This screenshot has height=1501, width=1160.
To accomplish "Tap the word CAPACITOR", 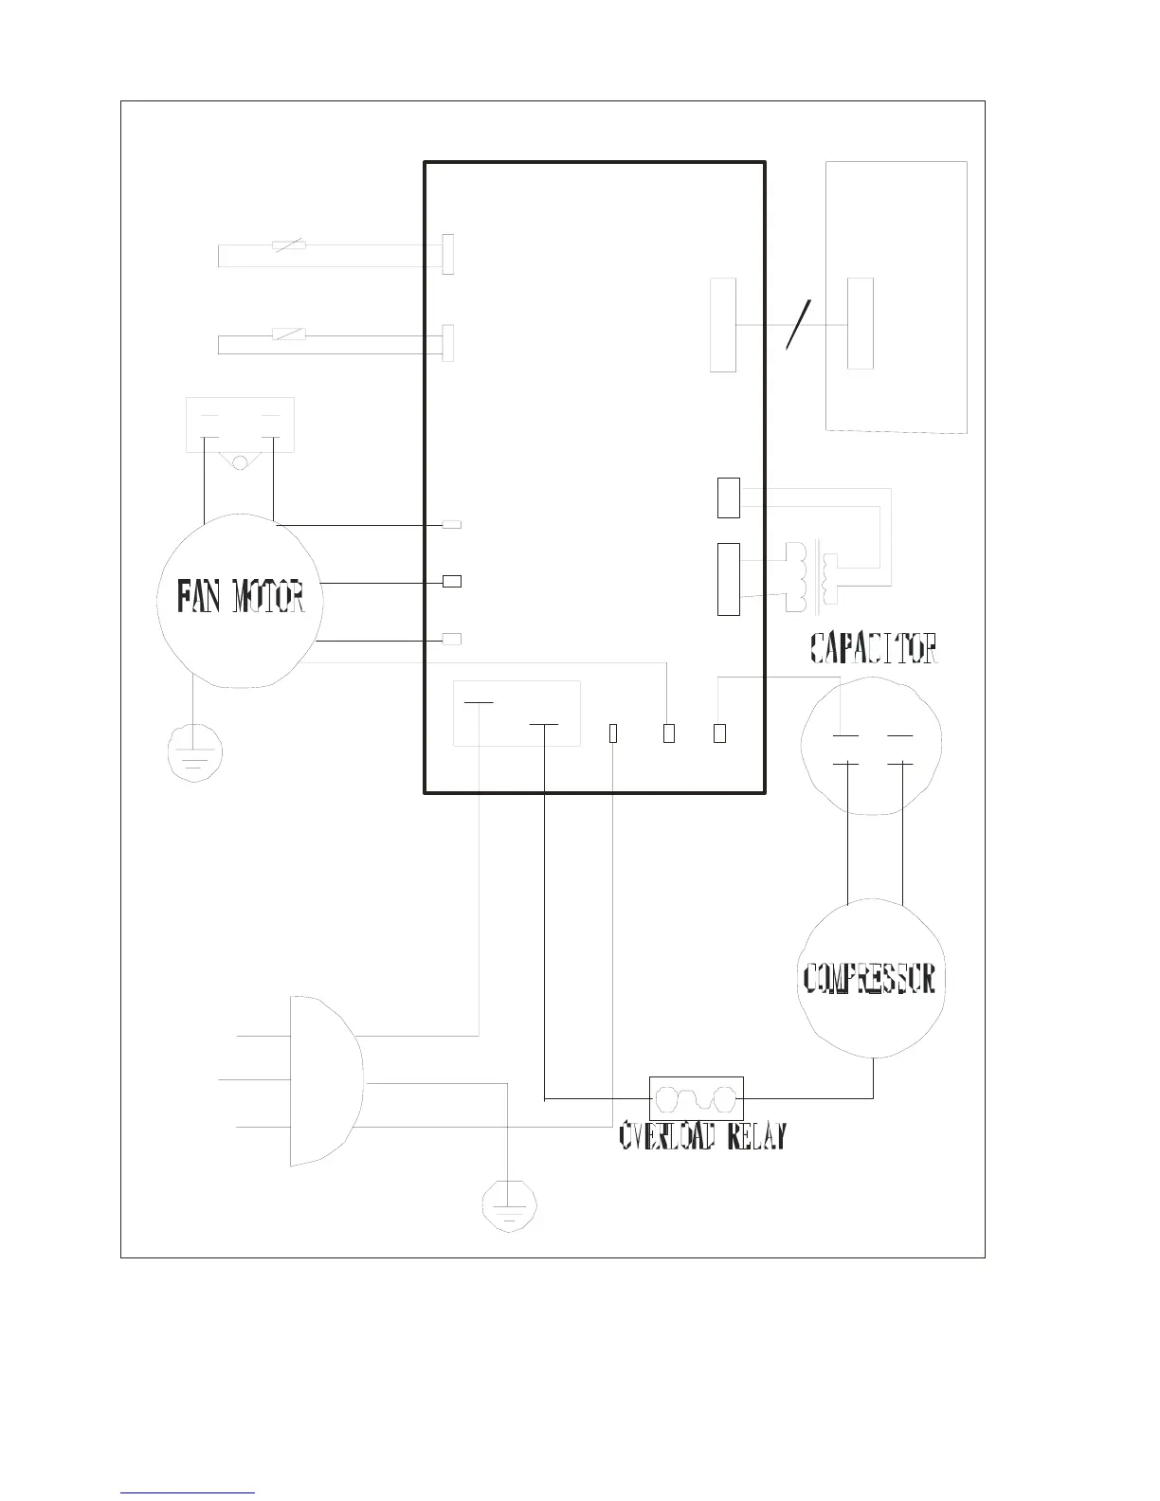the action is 874,649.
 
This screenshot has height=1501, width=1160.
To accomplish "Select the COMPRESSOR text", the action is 870,979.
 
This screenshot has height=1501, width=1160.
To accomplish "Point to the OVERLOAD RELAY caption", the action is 702,1136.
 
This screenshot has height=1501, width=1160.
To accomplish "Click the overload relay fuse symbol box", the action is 696,1098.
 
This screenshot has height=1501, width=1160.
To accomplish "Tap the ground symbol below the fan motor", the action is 194,754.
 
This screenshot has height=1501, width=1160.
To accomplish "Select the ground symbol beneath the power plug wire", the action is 509,1203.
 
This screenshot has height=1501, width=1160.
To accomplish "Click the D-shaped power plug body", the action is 322,1080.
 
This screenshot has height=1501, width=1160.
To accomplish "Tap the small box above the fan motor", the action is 240,425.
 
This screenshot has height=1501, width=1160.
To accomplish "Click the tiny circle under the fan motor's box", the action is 240,462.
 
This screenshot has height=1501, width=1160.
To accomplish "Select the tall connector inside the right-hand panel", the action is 860,324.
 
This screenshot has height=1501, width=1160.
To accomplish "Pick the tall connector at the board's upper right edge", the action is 723,325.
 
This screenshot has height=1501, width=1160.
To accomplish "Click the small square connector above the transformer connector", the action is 728,498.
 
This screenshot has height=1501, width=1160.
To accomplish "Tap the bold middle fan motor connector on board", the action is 452,581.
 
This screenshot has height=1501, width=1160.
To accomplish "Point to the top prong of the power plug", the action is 263,1036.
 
